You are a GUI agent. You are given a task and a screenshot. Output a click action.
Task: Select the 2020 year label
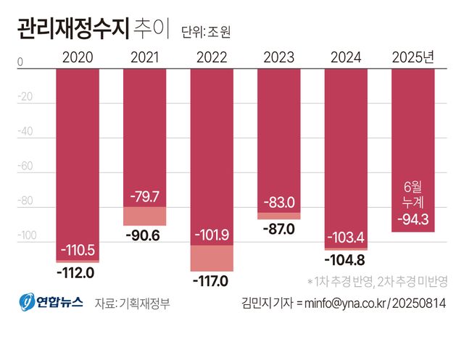[x=78, y=57]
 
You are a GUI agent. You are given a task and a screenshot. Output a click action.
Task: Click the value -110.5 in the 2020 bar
[x=78, y=251]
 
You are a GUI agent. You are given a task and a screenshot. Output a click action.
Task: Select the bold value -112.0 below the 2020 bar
[x=78, y=272]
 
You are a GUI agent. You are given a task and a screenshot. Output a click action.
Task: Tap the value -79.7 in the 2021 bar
[x=144, y=197]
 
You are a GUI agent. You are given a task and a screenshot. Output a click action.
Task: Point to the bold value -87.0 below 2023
[x=278, y=230]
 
